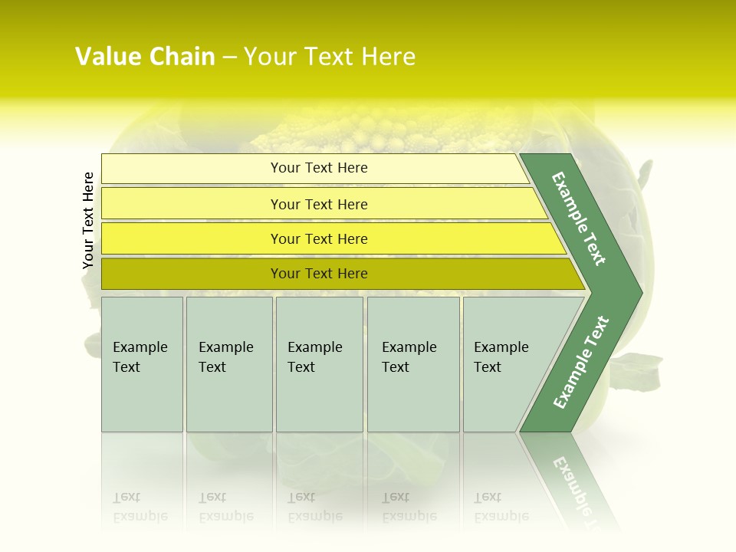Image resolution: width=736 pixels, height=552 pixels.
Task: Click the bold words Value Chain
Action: click(145, 57)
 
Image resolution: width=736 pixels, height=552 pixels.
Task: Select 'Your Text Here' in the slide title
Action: click(330, 57)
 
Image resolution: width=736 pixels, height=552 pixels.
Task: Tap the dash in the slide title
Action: click(229, 58)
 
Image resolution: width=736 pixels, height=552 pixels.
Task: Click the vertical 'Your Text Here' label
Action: click(88, 221)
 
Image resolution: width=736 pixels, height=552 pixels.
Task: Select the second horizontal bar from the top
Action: click(318, 204)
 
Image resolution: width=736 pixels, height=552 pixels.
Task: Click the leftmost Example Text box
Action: click(142, 364)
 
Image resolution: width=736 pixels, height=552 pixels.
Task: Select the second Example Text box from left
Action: click(229, 364)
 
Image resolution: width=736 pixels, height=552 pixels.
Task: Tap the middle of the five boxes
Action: click(319, 364)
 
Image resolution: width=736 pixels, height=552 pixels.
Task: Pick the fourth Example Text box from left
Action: click(413, 364)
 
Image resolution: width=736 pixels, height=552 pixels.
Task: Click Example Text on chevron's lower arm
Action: click(581, 362)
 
